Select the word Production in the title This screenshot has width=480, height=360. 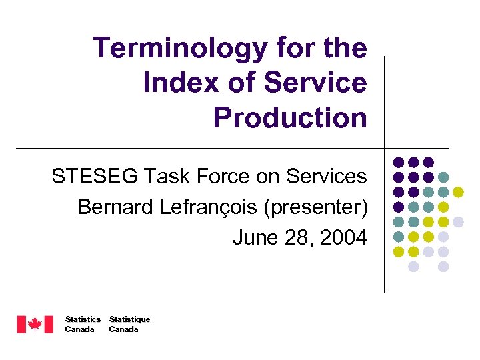pos(290,118)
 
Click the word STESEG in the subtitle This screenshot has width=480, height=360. pos(91,177)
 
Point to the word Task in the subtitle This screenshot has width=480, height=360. pos(161,177)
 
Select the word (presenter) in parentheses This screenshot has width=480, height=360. pos(316,208)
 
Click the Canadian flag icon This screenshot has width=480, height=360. pos(35,325)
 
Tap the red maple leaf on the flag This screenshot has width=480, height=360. pos(35,325)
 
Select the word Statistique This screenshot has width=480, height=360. pos(129,319)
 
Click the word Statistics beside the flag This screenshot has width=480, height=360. pos(83,319)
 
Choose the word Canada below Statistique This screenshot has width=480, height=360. pos(123,329)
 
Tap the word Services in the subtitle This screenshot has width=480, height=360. pos(327,177)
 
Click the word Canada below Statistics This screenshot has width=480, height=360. pos(79,329)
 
